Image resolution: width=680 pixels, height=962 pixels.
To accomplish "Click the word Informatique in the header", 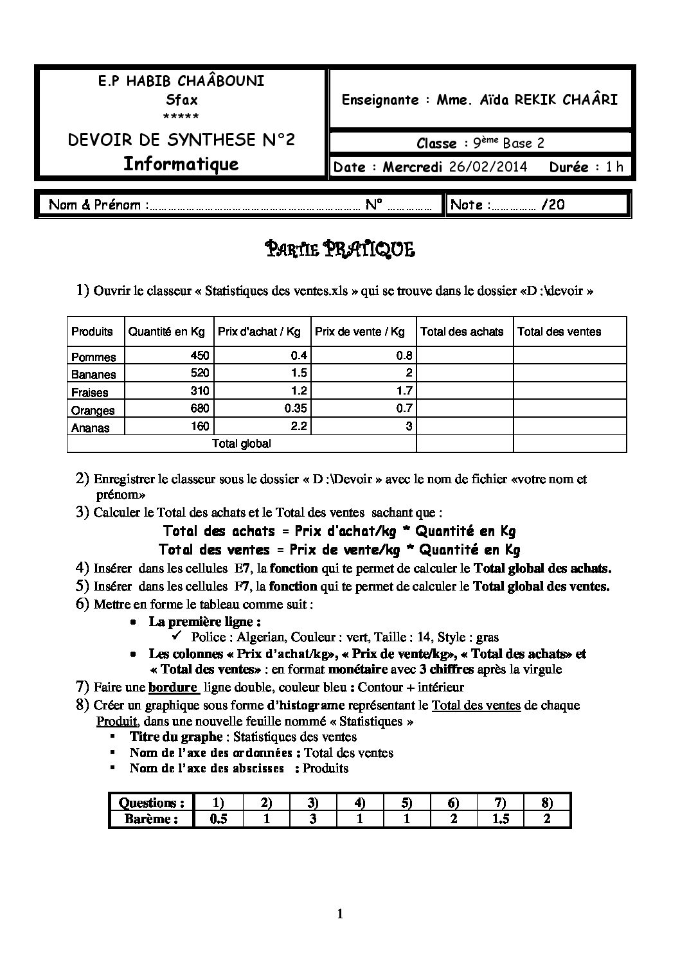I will [181, 164].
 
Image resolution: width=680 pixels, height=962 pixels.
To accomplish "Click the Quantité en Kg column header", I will [166, 332].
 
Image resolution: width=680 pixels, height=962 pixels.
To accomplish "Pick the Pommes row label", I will [94, 357].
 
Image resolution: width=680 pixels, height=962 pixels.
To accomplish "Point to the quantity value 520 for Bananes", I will [199, 373].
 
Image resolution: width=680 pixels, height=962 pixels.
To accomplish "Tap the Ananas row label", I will [91, 428].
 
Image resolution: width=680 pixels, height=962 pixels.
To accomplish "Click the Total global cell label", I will [242, 443].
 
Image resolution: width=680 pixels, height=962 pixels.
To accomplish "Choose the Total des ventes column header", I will [559, 332].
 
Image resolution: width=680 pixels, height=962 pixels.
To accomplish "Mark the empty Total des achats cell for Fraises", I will [464, 391].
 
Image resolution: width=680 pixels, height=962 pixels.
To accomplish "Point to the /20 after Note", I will [553, 205].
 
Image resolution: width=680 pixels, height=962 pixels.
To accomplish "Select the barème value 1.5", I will [501, 819].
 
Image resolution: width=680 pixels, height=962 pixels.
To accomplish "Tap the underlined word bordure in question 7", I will [172, 687].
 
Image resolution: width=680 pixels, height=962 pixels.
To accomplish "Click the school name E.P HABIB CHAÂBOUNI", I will [181, 82].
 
